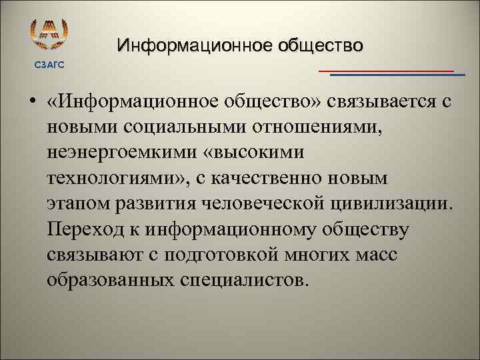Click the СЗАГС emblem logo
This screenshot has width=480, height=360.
pyautogui.click(x=50, y=35)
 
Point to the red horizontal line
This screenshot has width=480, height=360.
pyautogui.click(x=386, y=70)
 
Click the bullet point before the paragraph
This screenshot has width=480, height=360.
pyautogui.click(x=32, y=102)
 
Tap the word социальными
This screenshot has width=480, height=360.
pyautogui.click(x=175, y=127)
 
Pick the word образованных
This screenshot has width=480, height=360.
pyautogui.click(x=110, y=279)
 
